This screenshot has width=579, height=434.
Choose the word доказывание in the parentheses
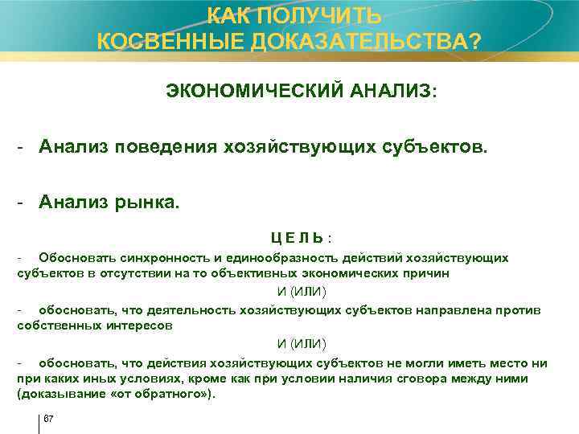coord(54,394)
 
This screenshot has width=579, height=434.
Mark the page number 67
coord(48,420)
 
